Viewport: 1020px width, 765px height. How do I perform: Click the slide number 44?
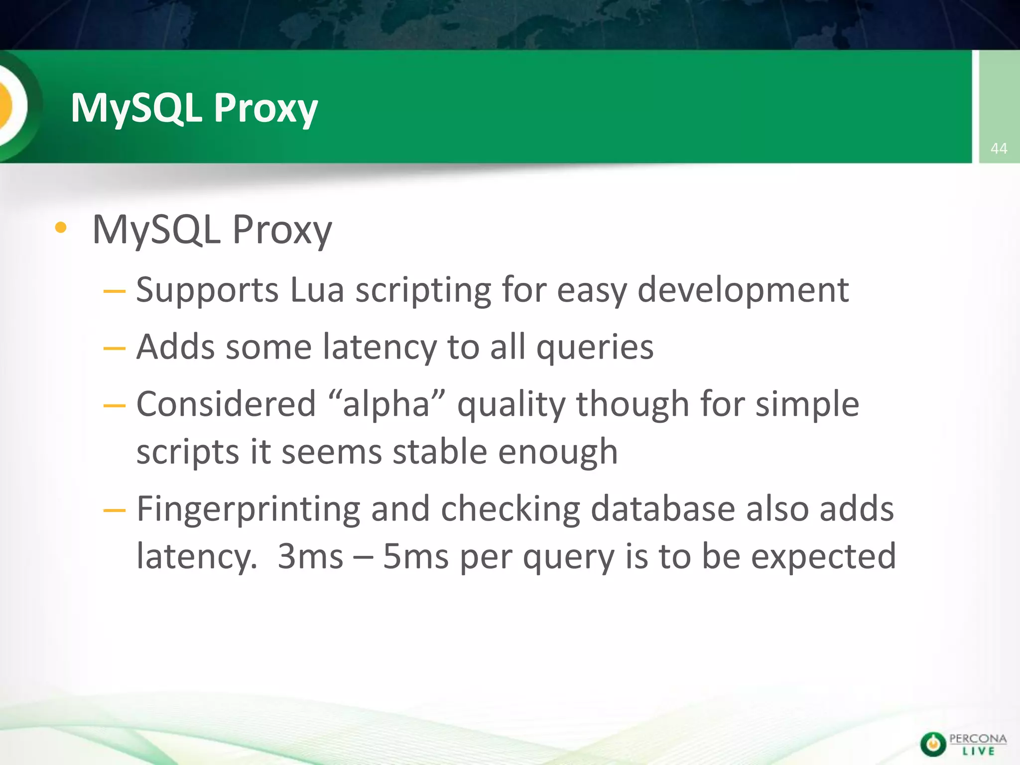point(999,148)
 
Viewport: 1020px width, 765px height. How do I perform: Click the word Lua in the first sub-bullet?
point(317,290)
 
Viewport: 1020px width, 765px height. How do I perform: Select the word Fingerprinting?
point(248,510)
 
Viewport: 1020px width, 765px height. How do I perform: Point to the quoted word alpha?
point(386,403)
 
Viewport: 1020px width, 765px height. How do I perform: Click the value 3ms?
point(310,556)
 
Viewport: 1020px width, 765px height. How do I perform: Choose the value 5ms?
point(415,556)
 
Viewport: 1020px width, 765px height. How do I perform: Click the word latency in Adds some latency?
point(380,347)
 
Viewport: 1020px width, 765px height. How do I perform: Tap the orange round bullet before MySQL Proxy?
point(61,228)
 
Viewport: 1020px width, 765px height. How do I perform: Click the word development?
point(743,290)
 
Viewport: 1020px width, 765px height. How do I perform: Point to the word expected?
point(823,556)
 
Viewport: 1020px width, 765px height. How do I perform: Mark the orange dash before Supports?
point(114,290)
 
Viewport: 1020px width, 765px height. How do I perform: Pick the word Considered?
point(226,403)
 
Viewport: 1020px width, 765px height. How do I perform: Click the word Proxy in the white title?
point(265,109)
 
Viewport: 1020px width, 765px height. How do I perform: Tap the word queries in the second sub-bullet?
point(595,348)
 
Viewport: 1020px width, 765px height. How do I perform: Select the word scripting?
point(423,291)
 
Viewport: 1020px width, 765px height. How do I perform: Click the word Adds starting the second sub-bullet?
point(175,347)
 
